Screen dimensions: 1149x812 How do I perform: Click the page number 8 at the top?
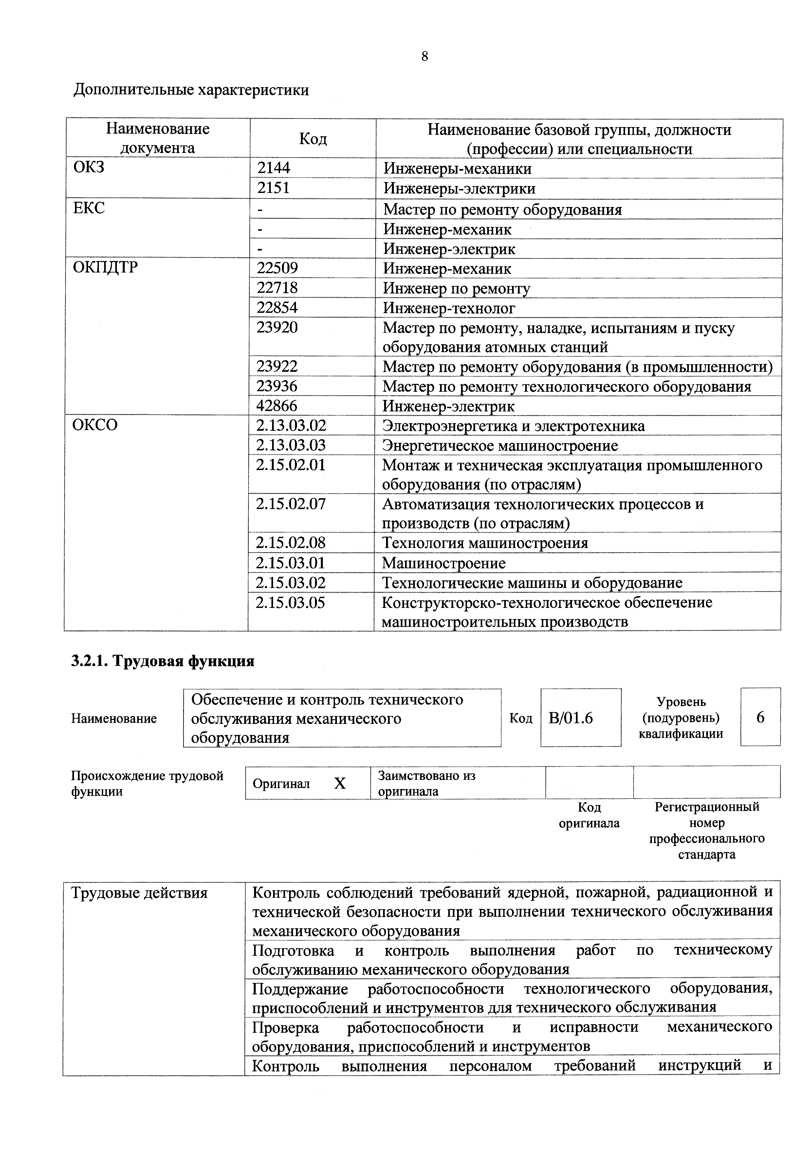(x=424, y=57)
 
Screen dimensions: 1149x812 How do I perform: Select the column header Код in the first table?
(x=313, y=139)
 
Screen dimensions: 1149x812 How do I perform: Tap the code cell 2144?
(x=274, y=168)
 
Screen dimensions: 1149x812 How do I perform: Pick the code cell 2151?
(x=274, y=188)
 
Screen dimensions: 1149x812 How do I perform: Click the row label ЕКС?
(x=89, y=208)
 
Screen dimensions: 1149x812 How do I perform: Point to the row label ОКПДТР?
(x=105, y=268)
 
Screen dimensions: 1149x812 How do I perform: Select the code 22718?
(x=277, y=288)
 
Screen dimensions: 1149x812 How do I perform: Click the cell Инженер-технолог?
(x=449, y=308)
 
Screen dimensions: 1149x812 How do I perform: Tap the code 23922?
(x=277, y=366)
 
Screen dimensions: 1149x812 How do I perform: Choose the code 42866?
(x=277, y=405)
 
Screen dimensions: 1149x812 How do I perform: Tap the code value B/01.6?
(x=570, y=718)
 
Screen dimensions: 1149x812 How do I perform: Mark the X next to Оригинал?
(x=340, y=783)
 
